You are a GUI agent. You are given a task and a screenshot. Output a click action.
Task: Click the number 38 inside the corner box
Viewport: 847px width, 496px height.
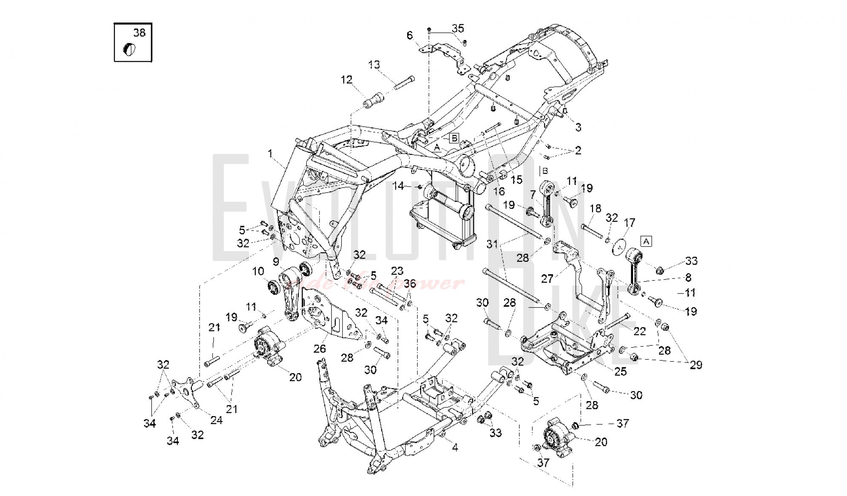(x=139, y=33)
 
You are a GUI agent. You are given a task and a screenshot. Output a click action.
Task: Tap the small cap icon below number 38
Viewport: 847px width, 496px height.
(x=129, y=49)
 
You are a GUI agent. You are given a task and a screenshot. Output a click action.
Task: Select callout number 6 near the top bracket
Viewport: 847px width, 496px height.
(x=410, y=35)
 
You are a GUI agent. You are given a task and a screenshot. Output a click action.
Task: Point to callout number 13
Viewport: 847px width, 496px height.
(x=374, y=65)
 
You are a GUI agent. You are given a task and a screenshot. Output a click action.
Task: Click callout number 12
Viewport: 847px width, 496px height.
(x=347, y=80)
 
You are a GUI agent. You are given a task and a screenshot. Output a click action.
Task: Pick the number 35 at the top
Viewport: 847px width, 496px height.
(x=458, y=29)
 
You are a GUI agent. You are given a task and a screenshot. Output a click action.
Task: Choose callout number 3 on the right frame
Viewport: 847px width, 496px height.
(x=578, y=127)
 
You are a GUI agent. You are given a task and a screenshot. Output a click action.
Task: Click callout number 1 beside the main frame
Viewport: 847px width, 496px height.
(x=270, y=154)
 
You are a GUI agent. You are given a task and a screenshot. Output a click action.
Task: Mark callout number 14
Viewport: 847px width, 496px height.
(x=398, y=186)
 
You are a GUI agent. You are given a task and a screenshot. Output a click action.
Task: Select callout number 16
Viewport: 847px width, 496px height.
(x=499, y=191)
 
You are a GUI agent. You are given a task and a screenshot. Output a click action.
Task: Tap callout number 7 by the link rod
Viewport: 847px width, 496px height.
(x=533, y=195)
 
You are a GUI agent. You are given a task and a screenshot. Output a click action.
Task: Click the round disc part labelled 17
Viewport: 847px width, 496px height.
(x=619, y=248)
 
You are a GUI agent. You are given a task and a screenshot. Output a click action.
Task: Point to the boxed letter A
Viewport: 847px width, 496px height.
(x=646, y=242)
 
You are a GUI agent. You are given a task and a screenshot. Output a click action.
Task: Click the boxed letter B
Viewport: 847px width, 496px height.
(x=454, y=138)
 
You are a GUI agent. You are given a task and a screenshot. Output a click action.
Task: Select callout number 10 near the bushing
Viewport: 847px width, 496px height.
(x=258, y=271)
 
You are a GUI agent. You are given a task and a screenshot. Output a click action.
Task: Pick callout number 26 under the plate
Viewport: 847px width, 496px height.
(x=319, y=349)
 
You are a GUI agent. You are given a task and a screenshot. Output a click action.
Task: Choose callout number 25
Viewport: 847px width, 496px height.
(x=620, y=371)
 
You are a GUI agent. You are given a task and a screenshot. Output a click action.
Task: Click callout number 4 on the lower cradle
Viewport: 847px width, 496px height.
(x=455, y=448)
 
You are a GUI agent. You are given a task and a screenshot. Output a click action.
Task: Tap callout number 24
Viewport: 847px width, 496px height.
(x=217, y=420)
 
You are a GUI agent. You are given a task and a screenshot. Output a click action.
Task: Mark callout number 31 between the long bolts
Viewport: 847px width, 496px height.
(x=492, y=244)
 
